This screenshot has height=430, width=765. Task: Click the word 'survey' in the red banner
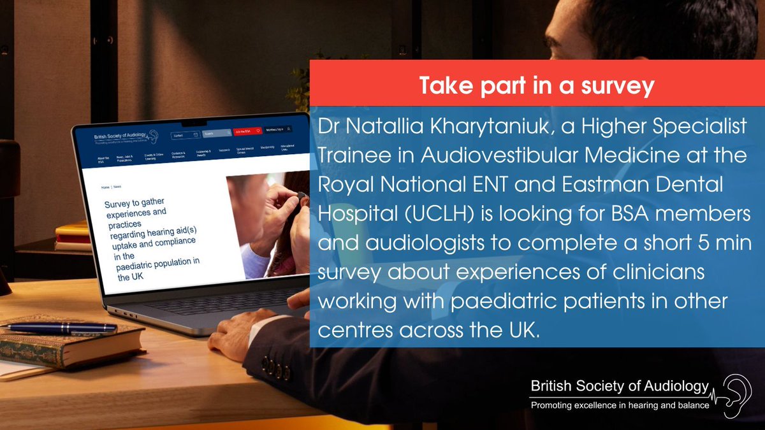pyautogui.click(x=615, y=85)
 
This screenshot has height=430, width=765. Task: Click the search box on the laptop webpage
pyautogui.click(x=217, y=133)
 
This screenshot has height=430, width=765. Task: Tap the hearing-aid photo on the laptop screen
pyautogui.click(x=268, y=223)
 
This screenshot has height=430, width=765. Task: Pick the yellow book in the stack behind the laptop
pyautogui.click(x=72, y=228)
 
